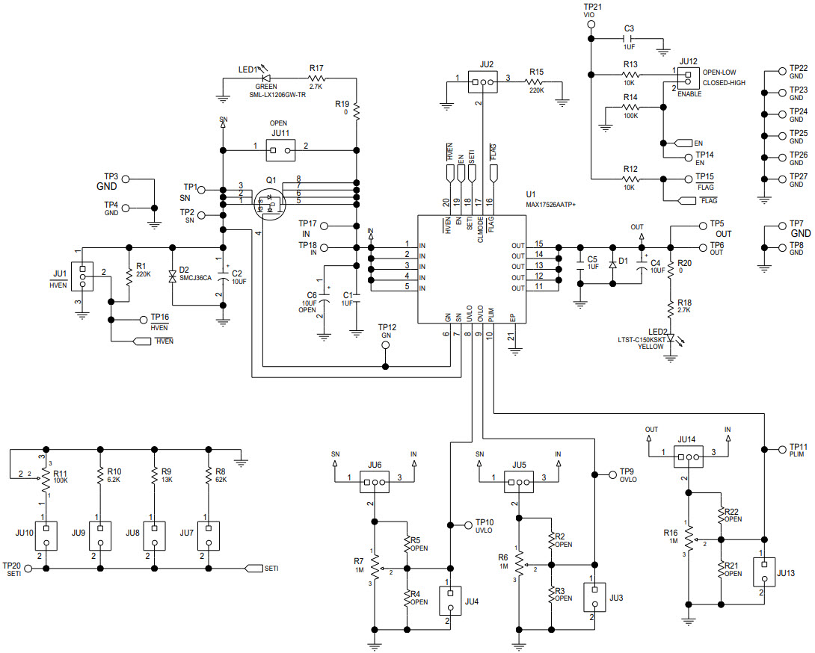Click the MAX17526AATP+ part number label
point(556,204)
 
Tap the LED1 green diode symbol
point(265,77)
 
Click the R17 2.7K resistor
point(316,77)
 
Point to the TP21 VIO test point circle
point(591,25)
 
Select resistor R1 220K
point(129,275)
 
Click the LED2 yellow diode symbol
point(671,338)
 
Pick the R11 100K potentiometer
point(45,477)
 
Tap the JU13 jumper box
point(763,573)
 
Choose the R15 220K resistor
point(535,83)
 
